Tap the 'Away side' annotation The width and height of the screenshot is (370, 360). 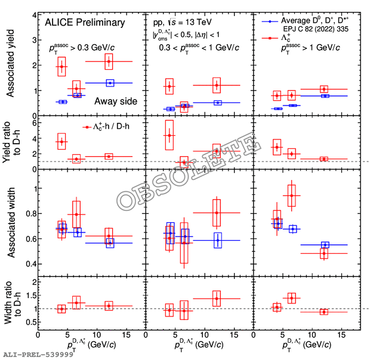coord(115,101)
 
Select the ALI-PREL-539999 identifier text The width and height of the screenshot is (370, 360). coord(38,355)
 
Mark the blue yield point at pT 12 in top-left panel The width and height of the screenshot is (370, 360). coord(109,83)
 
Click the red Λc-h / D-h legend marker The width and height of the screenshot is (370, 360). coord(87,126)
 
